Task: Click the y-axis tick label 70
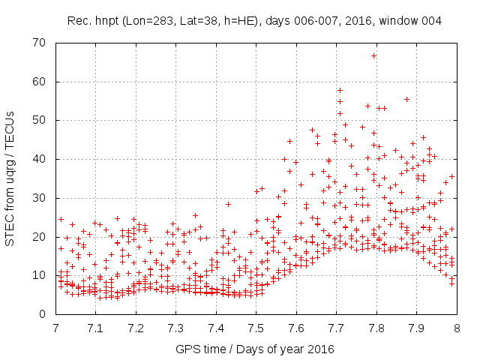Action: click(x=40, y=43)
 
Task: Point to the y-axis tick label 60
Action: click(x=40, y=81)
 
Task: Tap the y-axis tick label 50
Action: click(x=40, y=120)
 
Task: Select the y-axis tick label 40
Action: click(x=40, y=159)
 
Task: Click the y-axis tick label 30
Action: click(x=40, y=198)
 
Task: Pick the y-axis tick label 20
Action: click(x=40, y=236)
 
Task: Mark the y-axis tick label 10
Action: click(x=40, y=275)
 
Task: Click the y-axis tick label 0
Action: click(x=43, y=314)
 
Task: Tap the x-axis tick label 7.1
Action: click(x=95, y=328)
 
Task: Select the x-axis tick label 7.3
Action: click(x=175, y=328)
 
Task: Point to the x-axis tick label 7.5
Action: click(x=256, y=328)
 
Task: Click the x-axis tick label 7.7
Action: click(x=336, y=328)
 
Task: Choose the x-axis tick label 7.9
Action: click(x=416, y=328)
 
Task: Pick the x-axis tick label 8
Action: click(x=456, y=328)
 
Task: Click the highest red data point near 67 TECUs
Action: click(x=374, y=55)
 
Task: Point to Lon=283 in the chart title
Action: click(x=149, y=19)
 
